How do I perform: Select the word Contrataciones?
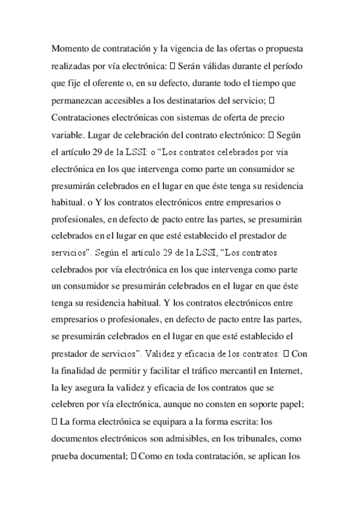(x=87, y=114)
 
